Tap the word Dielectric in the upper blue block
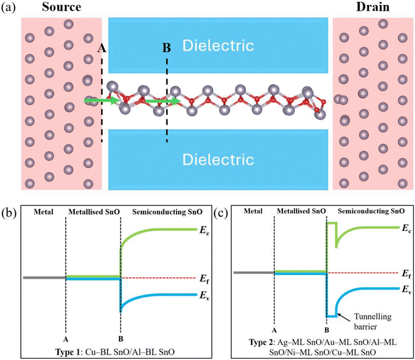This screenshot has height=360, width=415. [x=218, y=45]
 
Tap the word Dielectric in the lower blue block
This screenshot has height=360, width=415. [x=218, y=158]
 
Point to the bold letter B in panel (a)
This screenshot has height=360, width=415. [x=167, y=48]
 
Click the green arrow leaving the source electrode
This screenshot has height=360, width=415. [x=99, y=99]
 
